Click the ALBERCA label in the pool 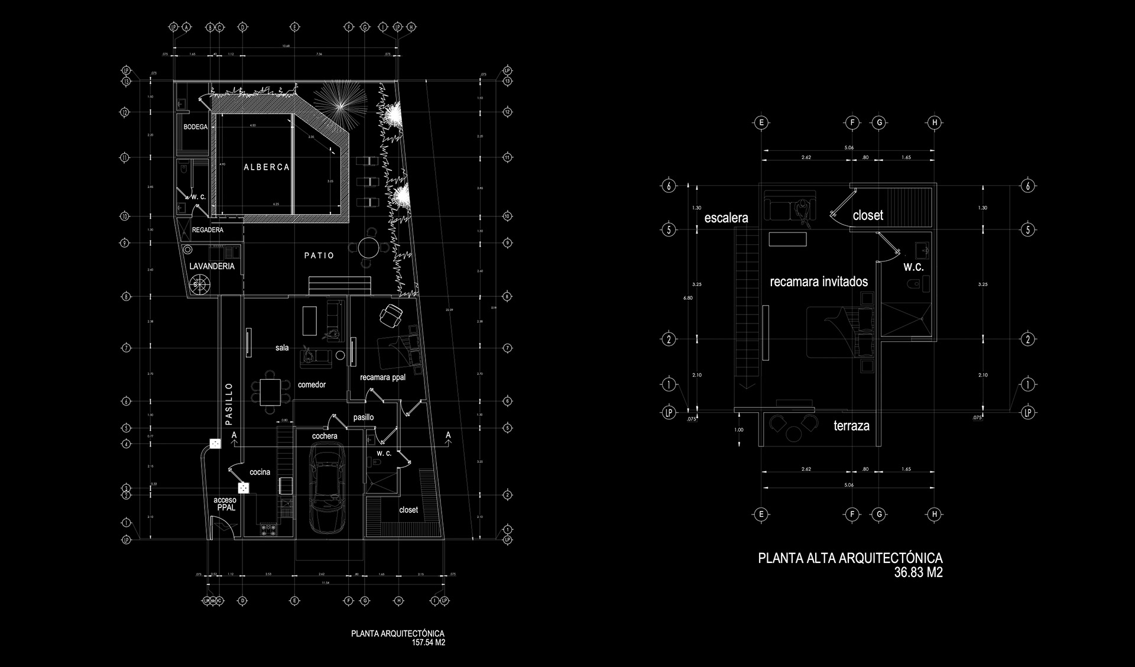tap(267, 167)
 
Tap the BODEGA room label tap(196, 127)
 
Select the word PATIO tap(319, 255)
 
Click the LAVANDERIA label tap(212, 266)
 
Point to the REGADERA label tap(207, 229)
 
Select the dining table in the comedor tap(270, 391)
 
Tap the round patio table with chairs tap(369, 247)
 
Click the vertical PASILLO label tap(229, 403)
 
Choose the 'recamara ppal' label tap(382, 377)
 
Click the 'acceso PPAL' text tap(225, 504)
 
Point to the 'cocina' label tap(260, 472)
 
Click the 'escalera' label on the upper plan tap(726, 218)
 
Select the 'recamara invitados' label tap(819, 281)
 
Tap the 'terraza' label tap(851, 425)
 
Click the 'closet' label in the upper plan tap(868, 215)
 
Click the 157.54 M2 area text tap(429, 642)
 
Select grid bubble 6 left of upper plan tap(669, 186)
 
